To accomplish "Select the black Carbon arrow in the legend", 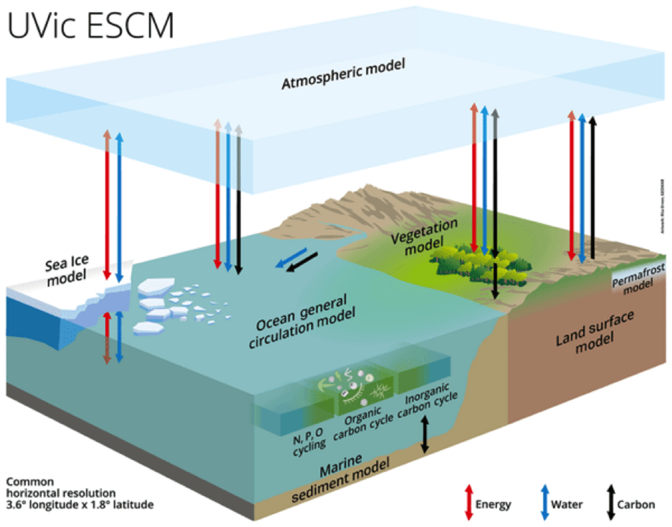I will tap(608, 503).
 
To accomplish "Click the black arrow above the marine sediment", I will tap(424, 433).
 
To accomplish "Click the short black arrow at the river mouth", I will tap(302, 264).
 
